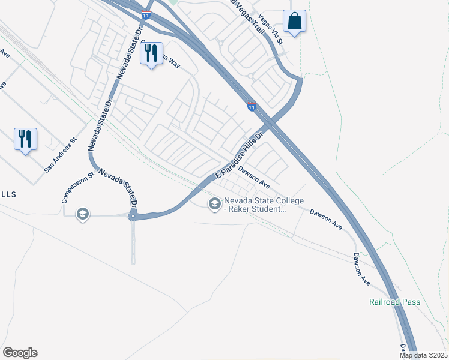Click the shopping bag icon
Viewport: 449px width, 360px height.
[294, 22]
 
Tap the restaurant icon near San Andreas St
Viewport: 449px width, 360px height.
[25, 139]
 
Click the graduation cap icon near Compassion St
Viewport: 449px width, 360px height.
[83, 214]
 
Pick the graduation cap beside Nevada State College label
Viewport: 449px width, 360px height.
[214, 205]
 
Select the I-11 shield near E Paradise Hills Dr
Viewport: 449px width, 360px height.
[252, 107]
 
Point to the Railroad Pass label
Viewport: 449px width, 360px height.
[394, 302]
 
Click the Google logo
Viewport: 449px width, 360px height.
[20, 353]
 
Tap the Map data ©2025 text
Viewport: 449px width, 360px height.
[423, 355]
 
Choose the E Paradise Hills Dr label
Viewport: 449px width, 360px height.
[240, 156]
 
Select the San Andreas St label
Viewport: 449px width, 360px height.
[61, 157]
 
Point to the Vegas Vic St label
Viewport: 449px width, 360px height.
[270, 28]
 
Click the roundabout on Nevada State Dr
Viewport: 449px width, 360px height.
[133, 216]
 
